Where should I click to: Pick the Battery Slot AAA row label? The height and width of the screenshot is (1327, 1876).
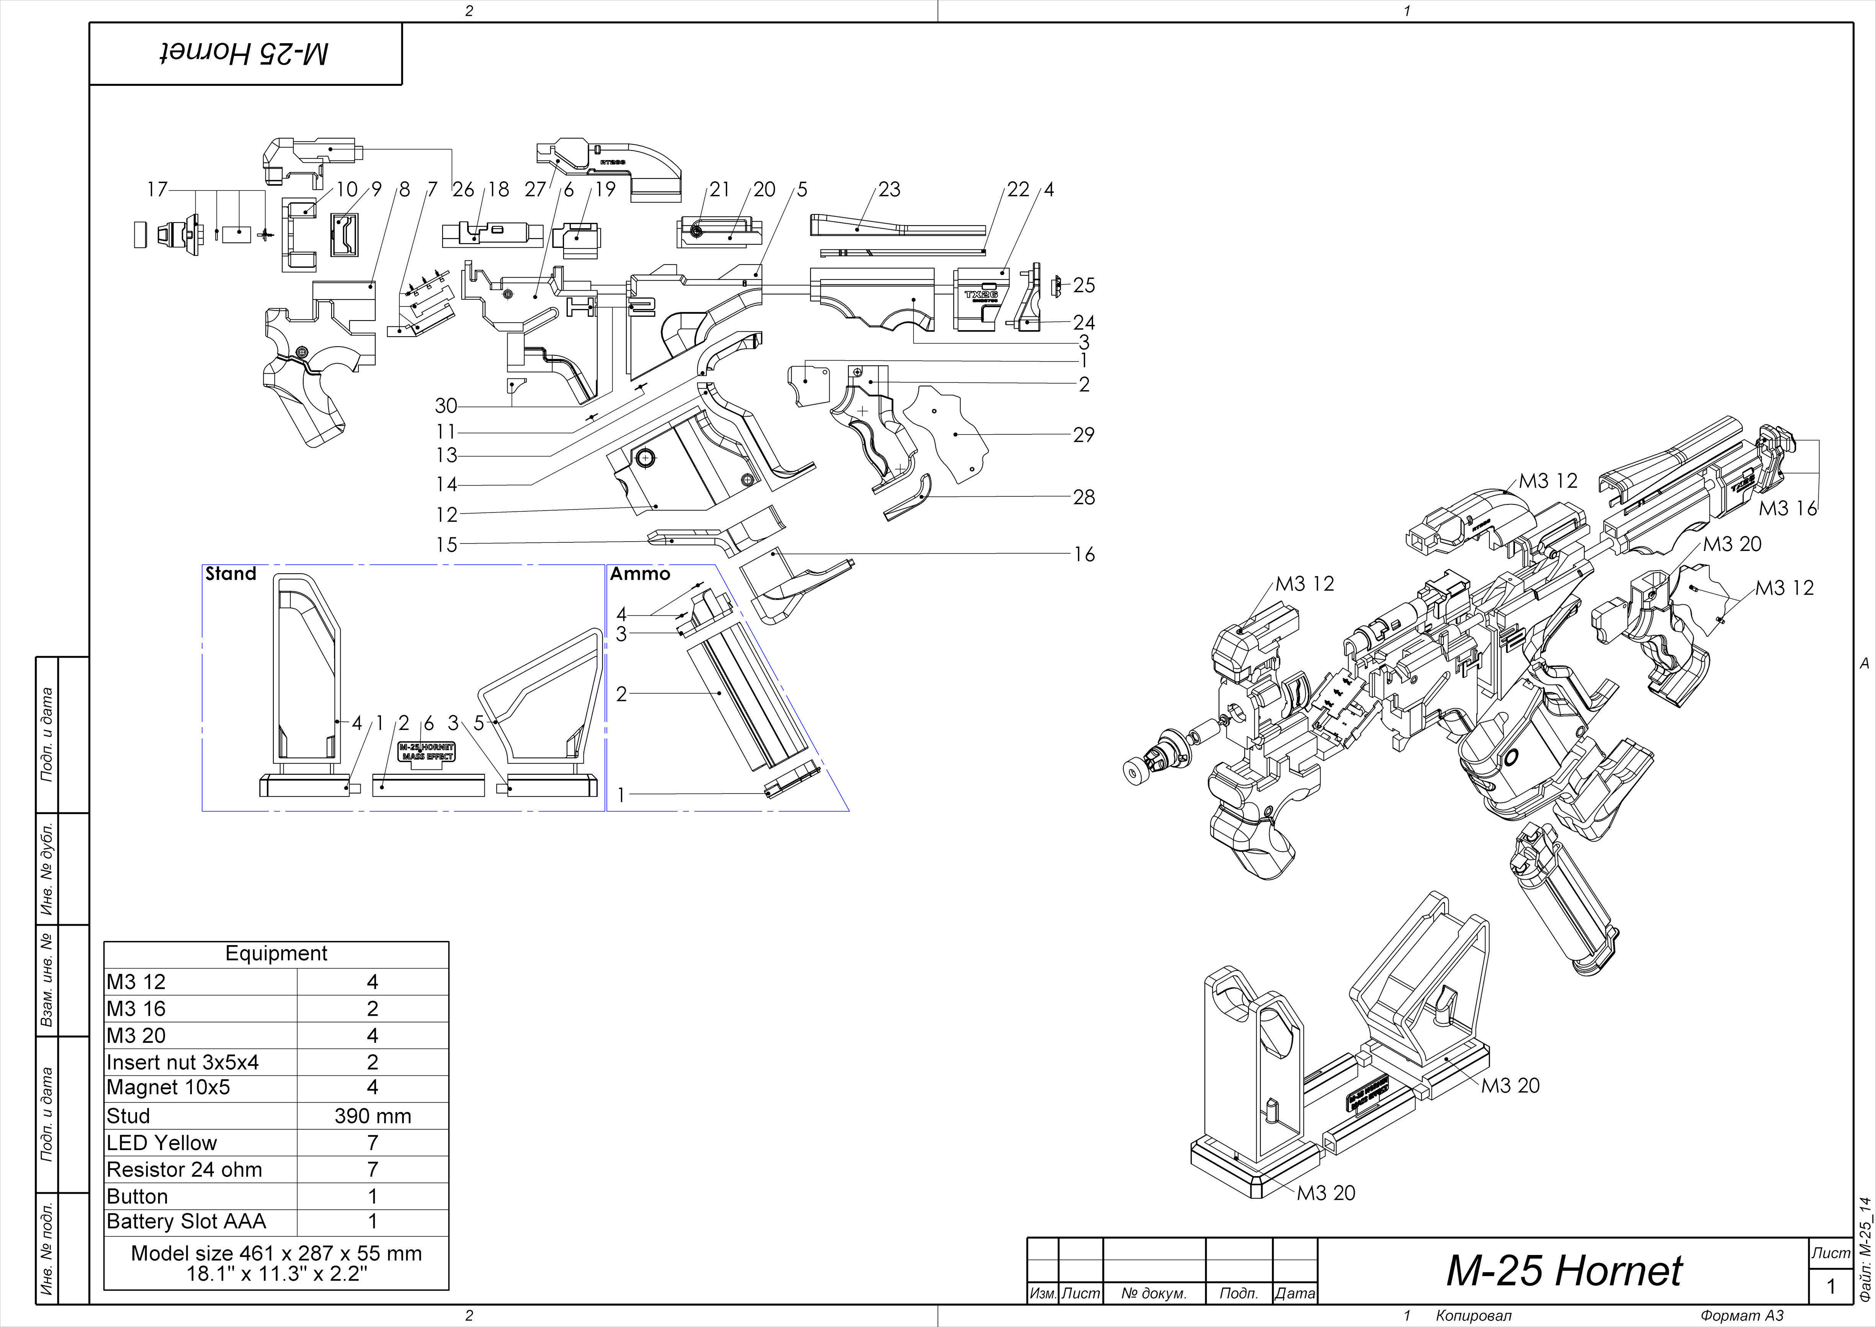pyautogui.click(x=186, y=1222)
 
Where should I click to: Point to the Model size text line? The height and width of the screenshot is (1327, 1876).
pyautogui.click(x=276, y=1253)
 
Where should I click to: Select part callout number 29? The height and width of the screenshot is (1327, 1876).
pyautogui.click(x=1083, y=435)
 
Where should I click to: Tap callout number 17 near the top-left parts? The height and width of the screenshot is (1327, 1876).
pyautogui.click(x=157, y=190)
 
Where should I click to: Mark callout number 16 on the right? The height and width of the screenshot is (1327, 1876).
pyautogui.click(x=1083, y=554)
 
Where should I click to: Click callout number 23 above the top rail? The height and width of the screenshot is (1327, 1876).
pyautogui.click(x=889, y=190)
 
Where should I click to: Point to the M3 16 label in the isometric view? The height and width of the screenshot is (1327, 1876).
pyautogui.click(x=1787, y=508)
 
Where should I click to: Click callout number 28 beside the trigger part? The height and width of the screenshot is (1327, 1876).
pyautogui.click(x=1083, y=497)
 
